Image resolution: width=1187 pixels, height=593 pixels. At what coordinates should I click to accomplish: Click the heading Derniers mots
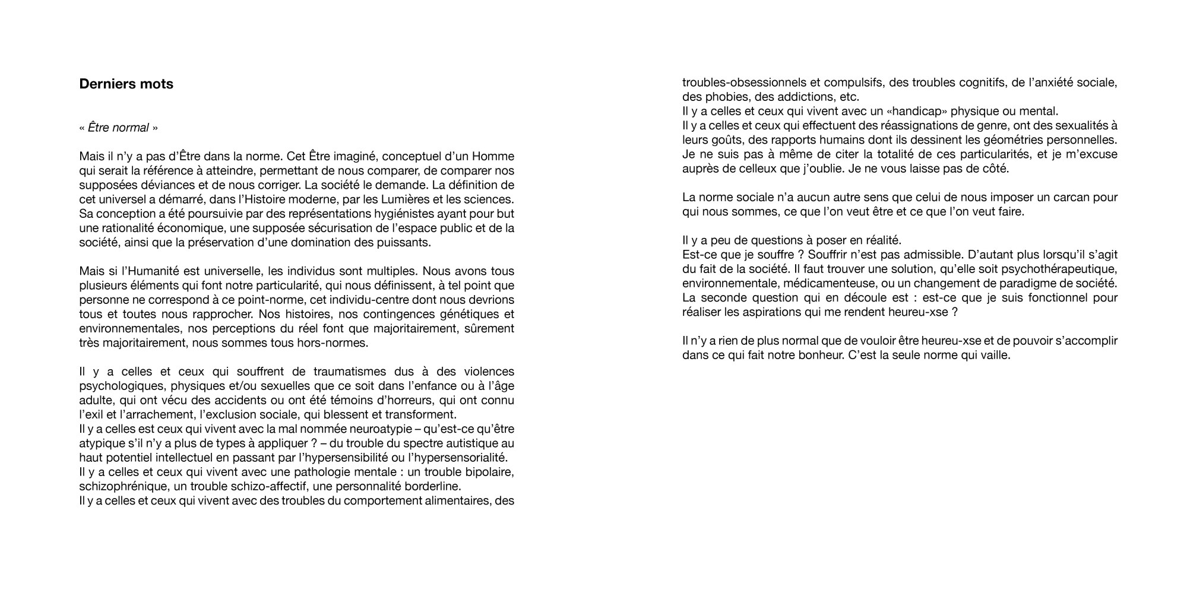click(x=126, y=84)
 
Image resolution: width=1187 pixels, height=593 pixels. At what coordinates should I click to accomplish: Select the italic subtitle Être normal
click(x=118, y=128)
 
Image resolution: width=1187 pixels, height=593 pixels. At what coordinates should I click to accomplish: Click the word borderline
click(x=423, y=487)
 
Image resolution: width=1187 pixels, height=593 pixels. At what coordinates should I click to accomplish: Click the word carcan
click(x=1071, y=197)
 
